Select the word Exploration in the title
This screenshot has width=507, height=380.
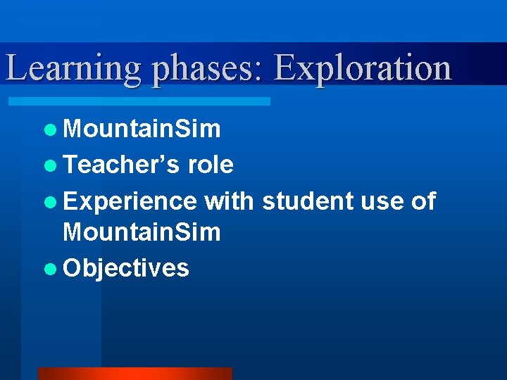tap(362, 68)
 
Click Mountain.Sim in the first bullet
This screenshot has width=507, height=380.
tap(142, 129)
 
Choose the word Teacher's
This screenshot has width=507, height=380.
tap(122, 165)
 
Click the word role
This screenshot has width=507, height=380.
tap(211, 165)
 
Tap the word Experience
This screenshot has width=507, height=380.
tap(130, 202)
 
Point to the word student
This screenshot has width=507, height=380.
tap(307, 201)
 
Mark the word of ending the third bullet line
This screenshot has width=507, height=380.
tap(423, 201)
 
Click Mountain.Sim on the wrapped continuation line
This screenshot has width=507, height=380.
tap(142, 232)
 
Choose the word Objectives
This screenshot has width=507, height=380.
tap(126, 268)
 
